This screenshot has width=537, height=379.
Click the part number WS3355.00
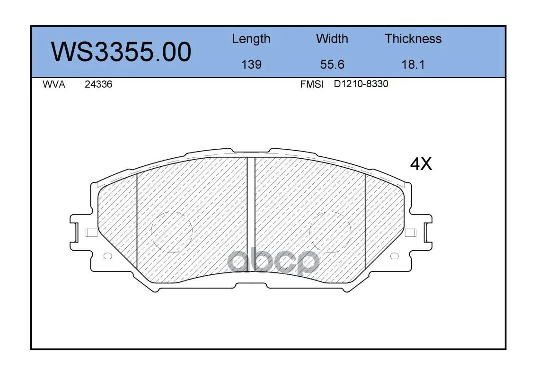click(x=121, y=52)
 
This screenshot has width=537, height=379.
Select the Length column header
click(x=251, y=39)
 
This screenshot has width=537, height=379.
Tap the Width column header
click(x=332, y=38)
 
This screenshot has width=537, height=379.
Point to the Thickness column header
click(x=413, y=38)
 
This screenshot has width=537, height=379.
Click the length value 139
click(x=251, y=64)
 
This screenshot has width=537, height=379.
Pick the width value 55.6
click(x=332, y=64)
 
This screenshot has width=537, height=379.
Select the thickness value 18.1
click(x=413, y=64)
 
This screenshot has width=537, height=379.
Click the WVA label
click(x=54, y=84)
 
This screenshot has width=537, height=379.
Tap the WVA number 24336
click(x=98, y=84)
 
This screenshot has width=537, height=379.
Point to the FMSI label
click(x=312, y=84)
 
